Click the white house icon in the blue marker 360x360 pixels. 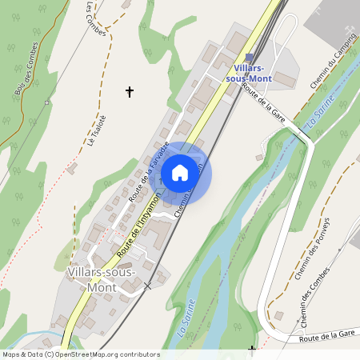[180, 172]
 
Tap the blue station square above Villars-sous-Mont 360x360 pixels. [249, 58]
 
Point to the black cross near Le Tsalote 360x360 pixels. [130, 92]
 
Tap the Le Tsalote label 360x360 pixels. [97, 130]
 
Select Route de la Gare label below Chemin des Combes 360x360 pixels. [326, 338]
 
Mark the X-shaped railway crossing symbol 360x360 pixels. [147, 285]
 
